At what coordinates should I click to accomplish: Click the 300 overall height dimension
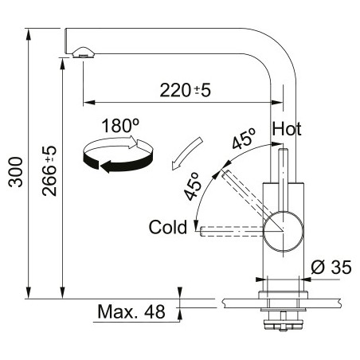point(16,172)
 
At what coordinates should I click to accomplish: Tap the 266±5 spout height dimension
point(49,170)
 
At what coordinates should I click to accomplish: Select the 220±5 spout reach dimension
point(185,90)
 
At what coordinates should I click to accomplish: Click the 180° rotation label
point(120,126)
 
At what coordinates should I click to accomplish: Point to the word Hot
point(287,129)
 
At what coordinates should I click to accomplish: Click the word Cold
point(168,228)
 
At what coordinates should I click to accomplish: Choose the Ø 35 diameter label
point(331,267)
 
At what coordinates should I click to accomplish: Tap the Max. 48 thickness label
point(131,311)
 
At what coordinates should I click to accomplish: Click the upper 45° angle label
point(244,139)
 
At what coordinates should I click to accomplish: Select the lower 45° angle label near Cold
point(192,186)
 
